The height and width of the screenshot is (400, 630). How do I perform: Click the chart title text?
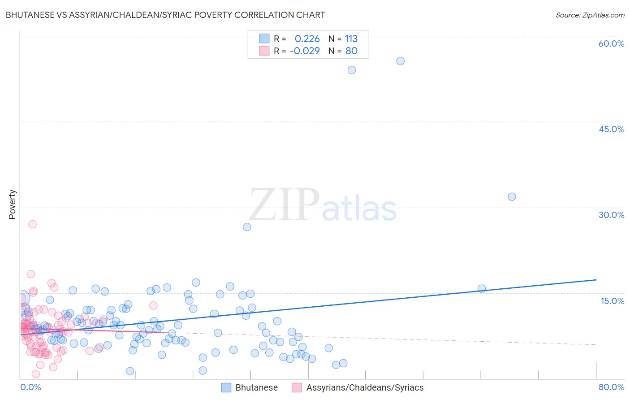point(165,15)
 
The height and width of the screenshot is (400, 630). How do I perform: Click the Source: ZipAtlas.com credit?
point(590,15)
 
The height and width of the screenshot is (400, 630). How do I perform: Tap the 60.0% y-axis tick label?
point(611,43)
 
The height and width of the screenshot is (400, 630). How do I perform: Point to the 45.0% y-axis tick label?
point(611,129)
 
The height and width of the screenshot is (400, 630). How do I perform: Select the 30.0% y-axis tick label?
point(611,215)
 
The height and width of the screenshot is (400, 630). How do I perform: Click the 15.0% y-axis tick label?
point(612,301)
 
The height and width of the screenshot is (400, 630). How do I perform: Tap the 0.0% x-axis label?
point(30,387)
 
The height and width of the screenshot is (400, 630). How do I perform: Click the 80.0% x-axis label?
point(611,387)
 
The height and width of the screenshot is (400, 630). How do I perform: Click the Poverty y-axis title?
point(12,204)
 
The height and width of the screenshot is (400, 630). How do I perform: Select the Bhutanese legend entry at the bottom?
point(250,387)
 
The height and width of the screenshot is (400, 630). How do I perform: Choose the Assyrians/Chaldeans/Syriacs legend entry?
point(358,387)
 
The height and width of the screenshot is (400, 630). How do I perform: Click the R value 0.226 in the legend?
point(307,39)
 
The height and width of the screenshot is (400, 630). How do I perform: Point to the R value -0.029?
point(305,51)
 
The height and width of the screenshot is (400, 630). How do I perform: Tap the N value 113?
point(351,39)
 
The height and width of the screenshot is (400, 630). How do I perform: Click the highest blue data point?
point(401,61)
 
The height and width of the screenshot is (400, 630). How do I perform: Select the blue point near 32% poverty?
point(512,197)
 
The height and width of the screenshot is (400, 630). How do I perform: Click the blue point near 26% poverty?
point(247,227)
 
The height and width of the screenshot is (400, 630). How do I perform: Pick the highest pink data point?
point(32,224)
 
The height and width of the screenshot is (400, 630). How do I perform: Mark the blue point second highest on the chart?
point(352,70)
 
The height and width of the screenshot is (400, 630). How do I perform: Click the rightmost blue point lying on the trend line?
point(482,289)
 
